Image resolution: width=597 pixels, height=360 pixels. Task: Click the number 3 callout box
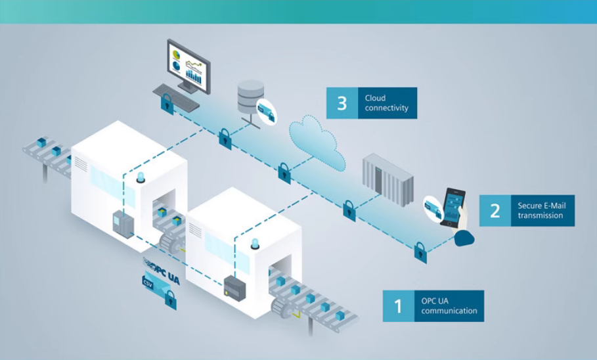[x=342, y=103]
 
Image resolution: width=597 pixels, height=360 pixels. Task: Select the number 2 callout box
[x=495, y=210]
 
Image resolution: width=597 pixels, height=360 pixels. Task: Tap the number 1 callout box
[x=398, y=306]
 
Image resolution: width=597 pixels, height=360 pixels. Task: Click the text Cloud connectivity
[x=387, y=103]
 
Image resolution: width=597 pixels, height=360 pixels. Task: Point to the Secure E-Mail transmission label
[x=541, y=210]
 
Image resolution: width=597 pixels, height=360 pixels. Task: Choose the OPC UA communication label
[x=449, y=306]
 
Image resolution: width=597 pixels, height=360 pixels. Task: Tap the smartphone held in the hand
[x=453, y=208]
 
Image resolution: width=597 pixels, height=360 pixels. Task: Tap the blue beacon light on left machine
[x=141, y=176]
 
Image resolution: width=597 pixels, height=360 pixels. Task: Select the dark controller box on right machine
[x=234, y=285]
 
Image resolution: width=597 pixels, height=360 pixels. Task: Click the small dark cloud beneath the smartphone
[x=464, y=238]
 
